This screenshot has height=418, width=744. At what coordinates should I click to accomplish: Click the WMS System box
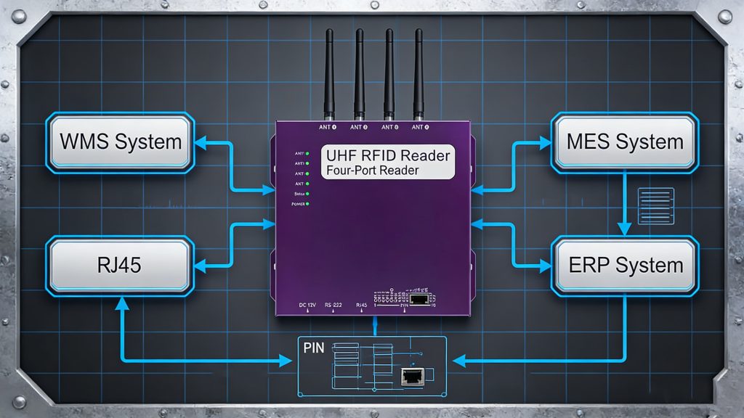(120, 142)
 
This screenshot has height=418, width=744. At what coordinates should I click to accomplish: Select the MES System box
(624, 142)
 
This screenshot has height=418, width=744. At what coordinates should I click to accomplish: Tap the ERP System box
(624, 265)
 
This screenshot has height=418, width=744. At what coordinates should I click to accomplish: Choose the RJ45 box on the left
(120, 265)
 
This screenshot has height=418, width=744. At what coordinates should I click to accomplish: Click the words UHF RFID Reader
(388, 155)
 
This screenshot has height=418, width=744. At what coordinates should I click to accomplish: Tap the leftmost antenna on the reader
(329, 73)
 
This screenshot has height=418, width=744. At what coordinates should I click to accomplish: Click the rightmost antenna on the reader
(418, 73)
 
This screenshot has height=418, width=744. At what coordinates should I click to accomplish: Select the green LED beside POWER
(308, 205)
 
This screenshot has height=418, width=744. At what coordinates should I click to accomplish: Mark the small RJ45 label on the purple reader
(361, 305)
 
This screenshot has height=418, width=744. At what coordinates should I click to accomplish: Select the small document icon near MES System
(655, 205)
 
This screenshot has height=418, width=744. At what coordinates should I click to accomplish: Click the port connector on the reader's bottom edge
(418, 298)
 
